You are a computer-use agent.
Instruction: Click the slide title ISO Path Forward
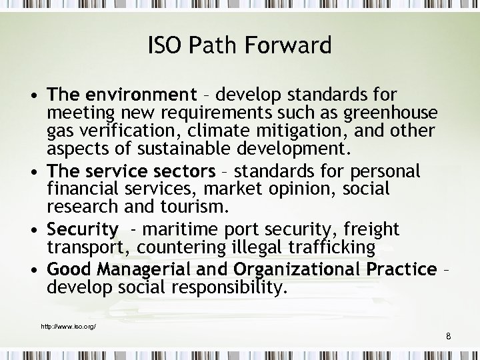(x=239, y=46)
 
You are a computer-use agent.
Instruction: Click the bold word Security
(x=83, y=230)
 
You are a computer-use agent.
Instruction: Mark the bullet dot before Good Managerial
(x=34, y=271)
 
